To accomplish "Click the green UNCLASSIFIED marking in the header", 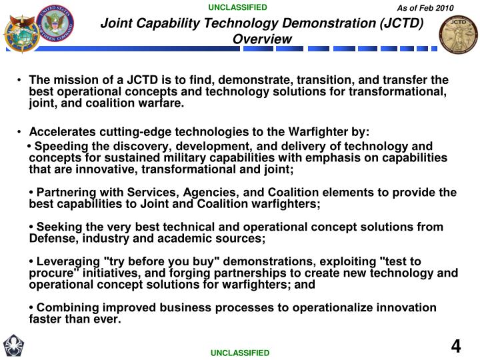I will [237, 8].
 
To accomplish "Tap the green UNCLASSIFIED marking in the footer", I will [240, 352].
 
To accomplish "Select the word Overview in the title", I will [263, 39].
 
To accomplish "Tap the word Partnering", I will [65, 192].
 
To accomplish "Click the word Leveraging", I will [67, 261].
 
